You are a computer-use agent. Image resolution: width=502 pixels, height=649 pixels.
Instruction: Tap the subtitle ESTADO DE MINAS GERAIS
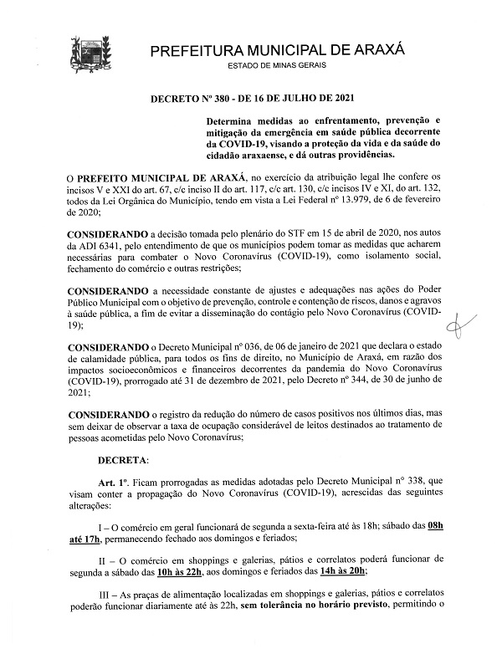(277, 66)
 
